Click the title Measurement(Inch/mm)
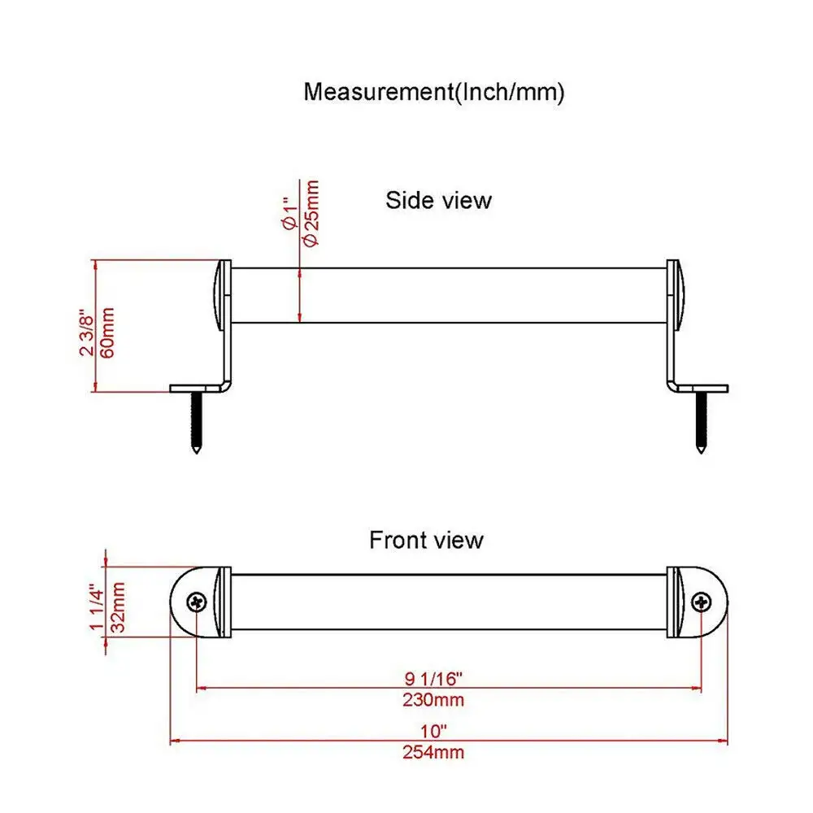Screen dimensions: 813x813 (x=434, y=92)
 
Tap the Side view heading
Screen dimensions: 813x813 (x=439, y=200)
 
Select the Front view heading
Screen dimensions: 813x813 (x=426, y=540)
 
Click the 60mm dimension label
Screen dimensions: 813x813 (x=107, y=333)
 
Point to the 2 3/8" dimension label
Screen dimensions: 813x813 (x=87, y=333)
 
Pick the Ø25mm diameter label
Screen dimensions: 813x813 (x=311, y=213)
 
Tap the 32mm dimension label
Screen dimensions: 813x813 (x=119, y=606)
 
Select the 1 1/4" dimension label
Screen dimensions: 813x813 (x=98, y=606)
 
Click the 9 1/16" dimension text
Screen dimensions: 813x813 (x=433, y=678)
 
